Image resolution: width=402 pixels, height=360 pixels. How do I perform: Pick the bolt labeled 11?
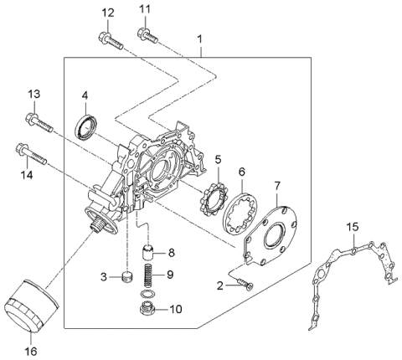point(147,34)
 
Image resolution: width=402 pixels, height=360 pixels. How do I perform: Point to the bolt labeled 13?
point(39,122)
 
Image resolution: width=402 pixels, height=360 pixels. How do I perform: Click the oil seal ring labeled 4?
point(87,127)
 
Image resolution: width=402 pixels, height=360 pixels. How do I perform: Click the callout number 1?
point(199,39)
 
